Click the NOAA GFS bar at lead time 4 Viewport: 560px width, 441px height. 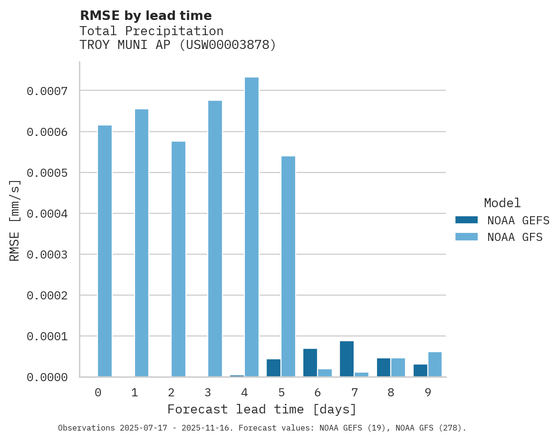click(251, 227)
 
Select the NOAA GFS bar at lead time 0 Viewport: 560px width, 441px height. click(105, 251)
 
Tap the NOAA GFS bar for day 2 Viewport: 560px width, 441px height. click(178, 259)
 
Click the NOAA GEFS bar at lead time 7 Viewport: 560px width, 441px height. click(347, 359)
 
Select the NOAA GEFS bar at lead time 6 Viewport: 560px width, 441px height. click(310, 363)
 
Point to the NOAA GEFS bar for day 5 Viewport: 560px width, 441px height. click(273, 368)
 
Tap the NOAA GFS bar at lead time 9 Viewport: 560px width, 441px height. click(435, 364)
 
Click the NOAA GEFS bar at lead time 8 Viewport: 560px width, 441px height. click(383, 367)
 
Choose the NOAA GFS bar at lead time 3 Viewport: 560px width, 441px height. click(215, 239)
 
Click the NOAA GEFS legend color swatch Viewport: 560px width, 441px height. click(466, 220)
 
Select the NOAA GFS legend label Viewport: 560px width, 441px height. click(515, 237)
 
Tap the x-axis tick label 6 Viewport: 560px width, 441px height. click(317, 393)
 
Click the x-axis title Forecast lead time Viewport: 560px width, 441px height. click(262, 409)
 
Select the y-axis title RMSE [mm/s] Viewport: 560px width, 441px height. click(15, 220)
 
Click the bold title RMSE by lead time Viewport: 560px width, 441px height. click(146, 16)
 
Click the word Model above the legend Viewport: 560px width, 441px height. click(502, 203)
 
